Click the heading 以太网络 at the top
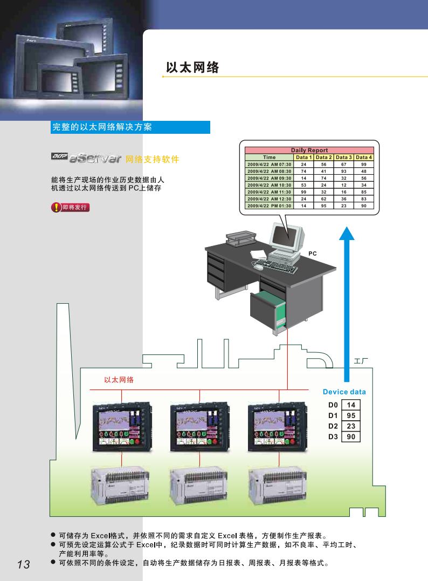click(192, 67)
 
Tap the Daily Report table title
click(309, 150)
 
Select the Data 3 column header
click(343, 157)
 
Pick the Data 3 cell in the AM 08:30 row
click(343, 171)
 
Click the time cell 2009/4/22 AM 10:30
click(269, 185)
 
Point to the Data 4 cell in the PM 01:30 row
click(364, 206)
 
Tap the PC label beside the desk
click(312, 253)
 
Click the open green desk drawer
click(268, 310)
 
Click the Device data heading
click(344, 392)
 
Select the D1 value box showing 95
click(351, 415)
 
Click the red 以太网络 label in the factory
click(119, 380)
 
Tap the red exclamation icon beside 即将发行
click(56, 207)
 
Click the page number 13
click(23, 564)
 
